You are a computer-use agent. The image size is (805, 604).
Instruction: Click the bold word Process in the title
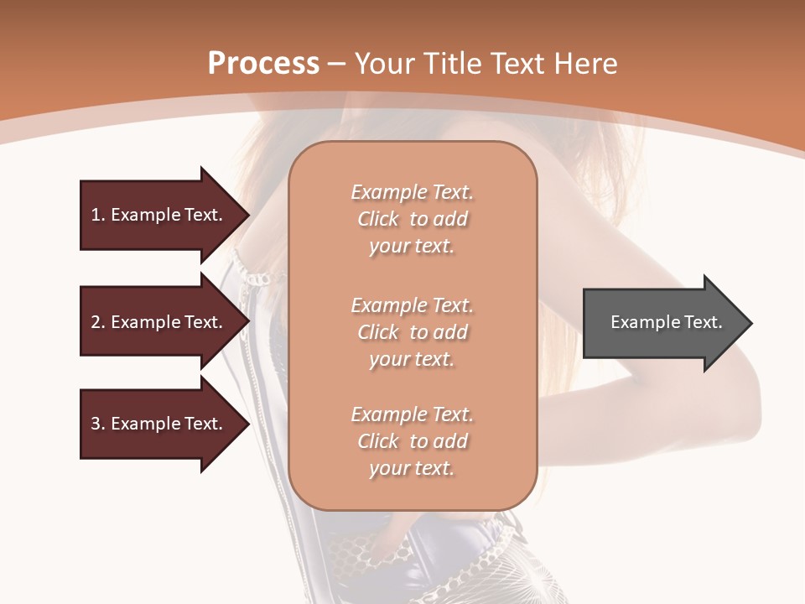(x=263, y=64)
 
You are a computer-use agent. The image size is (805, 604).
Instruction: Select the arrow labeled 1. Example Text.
(x=159, y=215)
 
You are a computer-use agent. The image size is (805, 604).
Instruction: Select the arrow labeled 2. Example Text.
(x=159, y=322)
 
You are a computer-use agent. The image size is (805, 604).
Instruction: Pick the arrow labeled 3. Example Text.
(x=159, y=424)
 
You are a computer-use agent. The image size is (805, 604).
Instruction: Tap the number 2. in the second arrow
(x=98, y=322)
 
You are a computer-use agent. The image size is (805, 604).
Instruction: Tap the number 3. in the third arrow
(x=98, y=424)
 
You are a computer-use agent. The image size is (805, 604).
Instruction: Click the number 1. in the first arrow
(x=98, y=215)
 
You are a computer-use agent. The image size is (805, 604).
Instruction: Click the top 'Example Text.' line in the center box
(x=412, y=192)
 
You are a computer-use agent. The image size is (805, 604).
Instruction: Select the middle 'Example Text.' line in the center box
(x=412, y=305)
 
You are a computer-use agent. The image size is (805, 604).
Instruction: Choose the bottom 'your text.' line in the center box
(x=412, y=468)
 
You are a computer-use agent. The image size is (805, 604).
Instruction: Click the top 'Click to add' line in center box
(x=412, y=219)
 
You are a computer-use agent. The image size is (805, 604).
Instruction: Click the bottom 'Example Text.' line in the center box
(x=412, y=414)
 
